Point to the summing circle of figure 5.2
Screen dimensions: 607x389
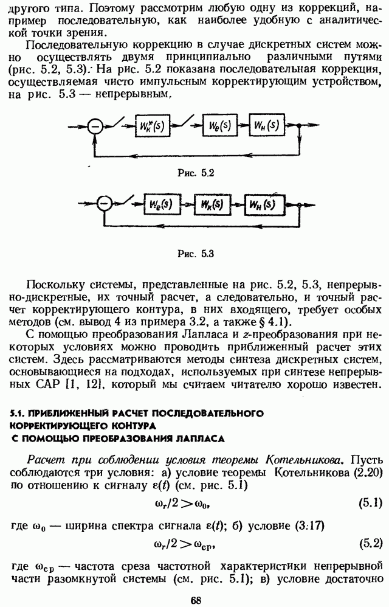(x=95, y=127)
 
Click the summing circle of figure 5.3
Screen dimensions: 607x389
(x=105, y=204)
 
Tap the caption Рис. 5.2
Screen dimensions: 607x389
(x=196, y=173)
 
